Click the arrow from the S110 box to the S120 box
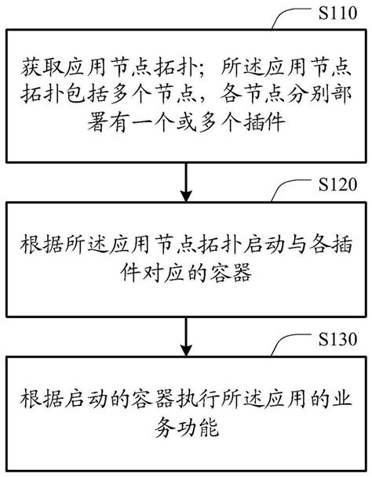coord(186,181)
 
